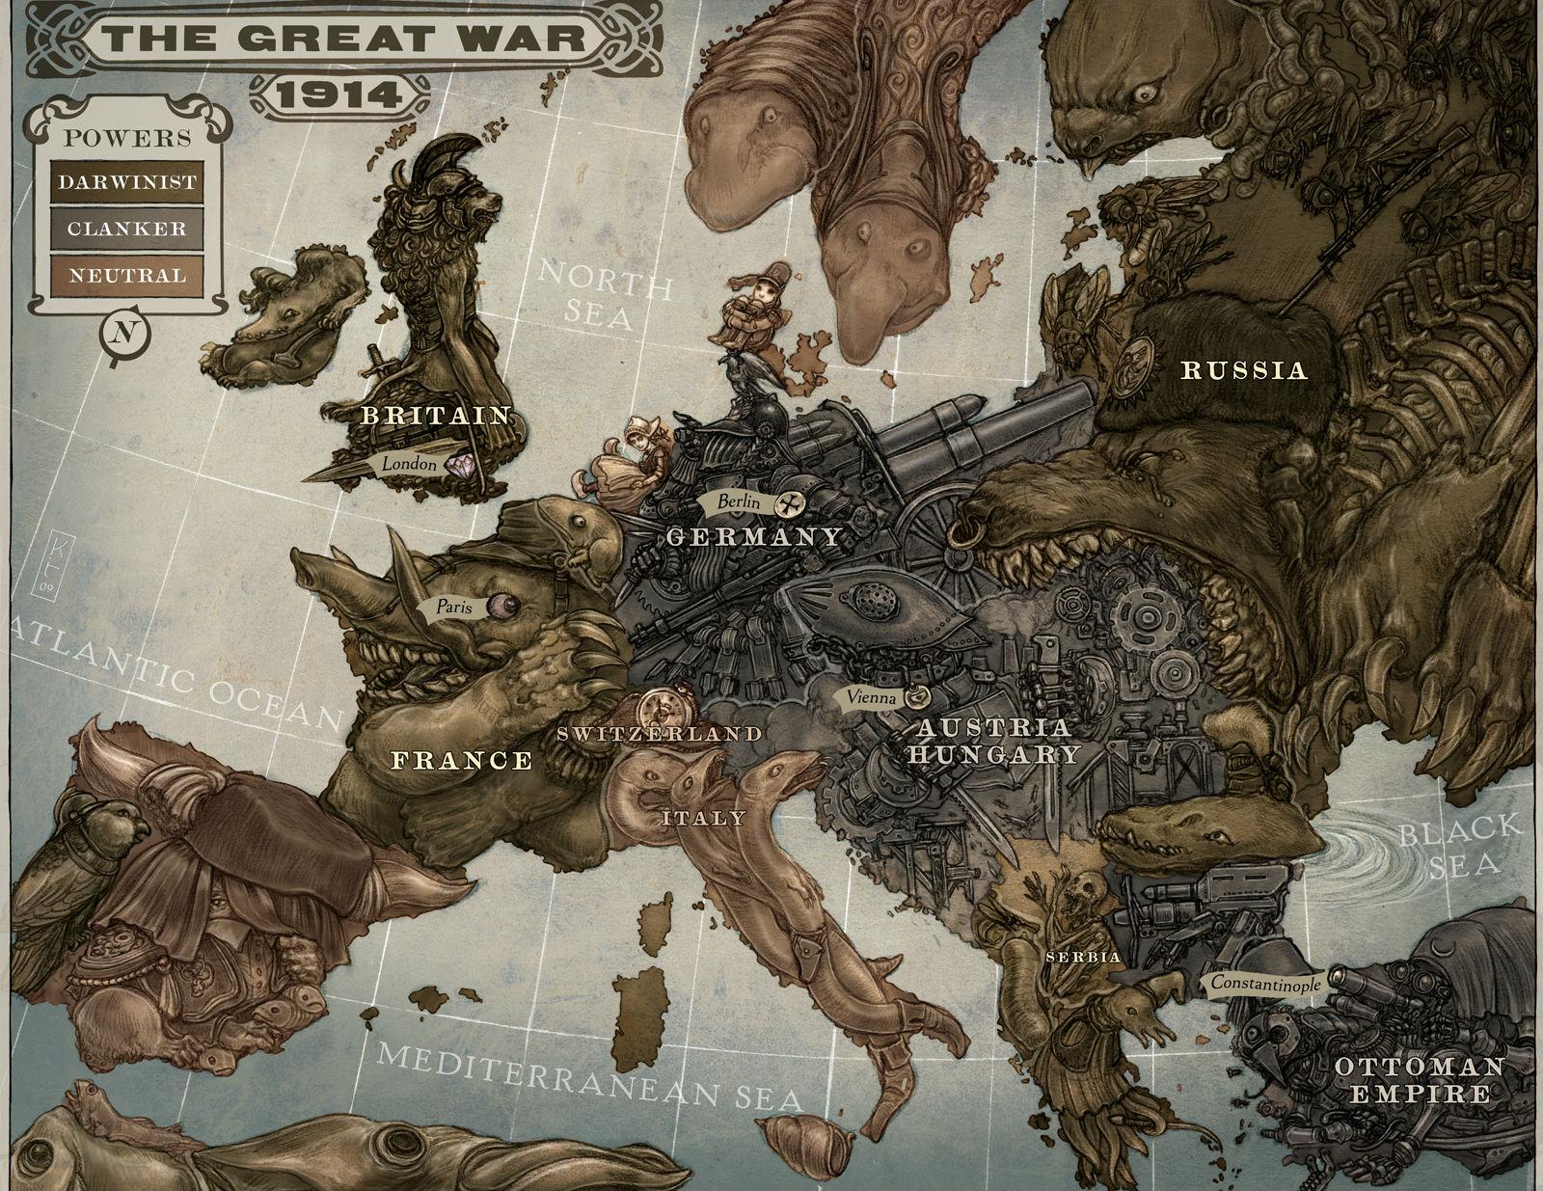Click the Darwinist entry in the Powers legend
click(127, 181)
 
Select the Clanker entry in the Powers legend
click(127, 229)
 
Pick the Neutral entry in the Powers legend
click(127, 275)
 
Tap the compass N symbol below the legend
click(122, 334)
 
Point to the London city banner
click(409, 464)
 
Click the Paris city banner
click(454, 608)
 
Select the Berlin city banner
click(740, 501)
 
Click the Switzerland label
click(659, 734)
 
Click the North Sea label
click(604, 294)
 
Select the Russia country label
click(1244, 369)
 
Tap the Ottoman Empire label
click(1418, 1079)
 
